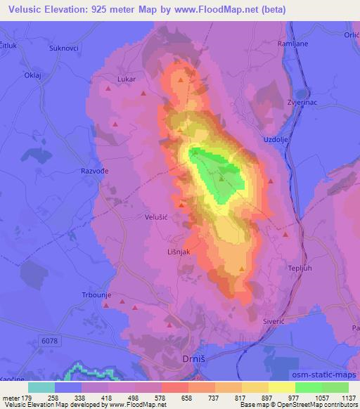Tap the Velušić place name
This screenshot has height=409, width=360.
point(155,217)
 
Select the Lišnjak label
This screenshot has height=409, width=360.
point(179,252)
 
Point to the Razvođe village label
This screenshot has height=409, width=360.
point(92,171)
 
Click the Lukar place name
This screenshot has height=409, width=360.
point(127,80)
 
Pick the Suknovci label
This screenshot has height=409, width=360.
point(63,48)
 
